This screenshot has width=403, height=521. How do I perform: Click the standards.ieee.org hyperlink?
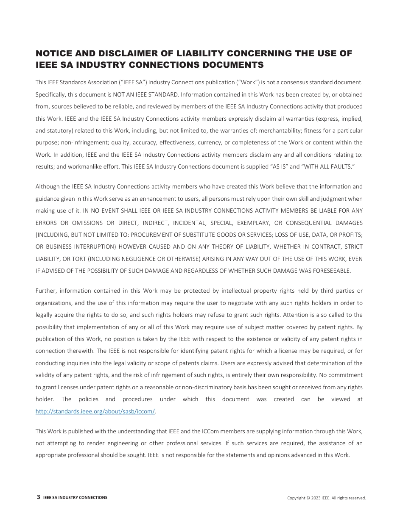point(95,411)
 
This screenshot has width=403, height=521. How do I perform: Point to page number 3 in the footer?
point(39,497)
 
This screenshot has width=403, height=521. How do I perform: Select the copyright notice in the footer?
point(326,498)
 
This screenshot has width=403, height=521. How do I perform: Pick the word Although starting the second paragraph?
point(48,186)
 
